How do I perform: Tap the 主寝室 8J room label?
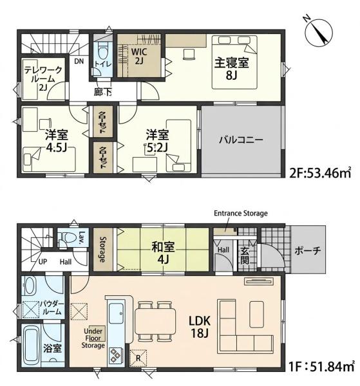pyautogui.click(x=231, y=69)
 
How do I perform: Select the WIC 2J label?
pyautogui.click(x=139, y=56)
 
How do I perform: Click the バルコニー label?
pyautogui.click(x=241, y=140)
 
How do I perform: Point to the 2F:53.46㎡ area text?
pyautogui.click(x=320, y=173)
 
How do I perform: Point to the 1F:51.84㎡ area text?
pyautogui.click(x=321, y=367)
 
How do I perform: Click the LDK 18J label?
pyautogui.click(x=200, y=327)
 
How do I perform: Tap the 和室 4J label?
pyautogui.click(x=163, y=253)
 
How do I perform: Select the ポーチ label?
pyautogui.click(x=308, y=251)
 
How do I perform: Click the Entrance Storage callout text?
pyautogui.click(x=240, y=213)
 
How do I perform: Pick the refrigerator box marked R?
pyautogui.click(x=138, y=358)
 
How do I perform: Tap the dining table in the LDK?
pyautogui.click(x=155, y=320)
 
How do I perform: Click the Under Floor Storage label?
pyautogui.click(x=93, y=338)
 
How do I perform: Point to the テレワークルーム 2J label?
pyautogui.click(x=43, y=78)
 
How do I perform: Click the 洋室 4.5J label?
pyautogui.click(x=57, y=141)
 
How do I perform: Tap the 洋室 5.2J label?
pyautogui.click(x=157, y=141)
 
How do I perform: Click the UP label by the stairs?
pyautogui.click(x=43, y=262)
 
